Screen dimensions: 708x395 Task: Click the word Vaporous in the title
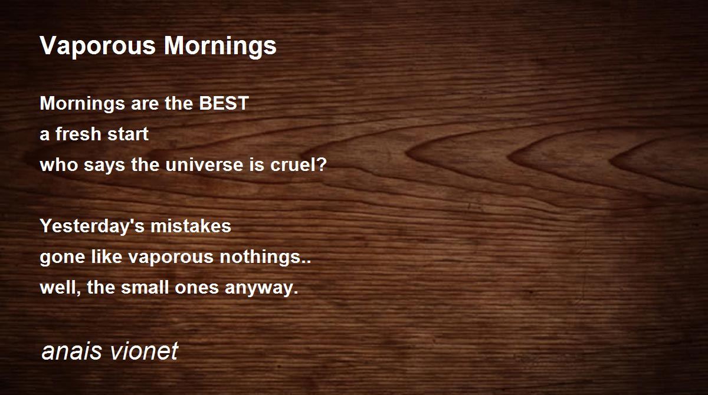click(x=98, y=46)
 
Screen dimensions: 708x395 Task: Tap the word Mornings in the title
click(x=220, y=46)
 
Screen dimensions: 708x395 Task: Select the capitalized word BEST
click(x=224, y=103)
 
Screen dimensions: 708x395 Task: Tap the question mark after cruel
click(x=321, y=164)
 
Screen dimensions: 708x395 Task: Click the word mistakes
click(x=191, y=226)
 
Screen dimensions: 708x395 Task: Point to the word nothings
click(x=260, y=257)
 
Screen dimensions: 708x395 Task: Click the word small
click(x=145, y=288)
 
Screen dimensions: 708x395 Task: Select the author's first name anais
click(x=72, y=351)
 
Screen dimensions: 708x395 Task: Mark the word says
click(x=104, y=166)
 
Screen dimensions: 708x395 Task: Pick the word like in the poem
click(x=107, y=256)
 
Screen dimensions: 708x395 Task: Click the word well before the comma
click(x=59, y=288)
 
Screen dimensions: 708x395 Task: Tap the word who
click(x=59, y=164)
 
